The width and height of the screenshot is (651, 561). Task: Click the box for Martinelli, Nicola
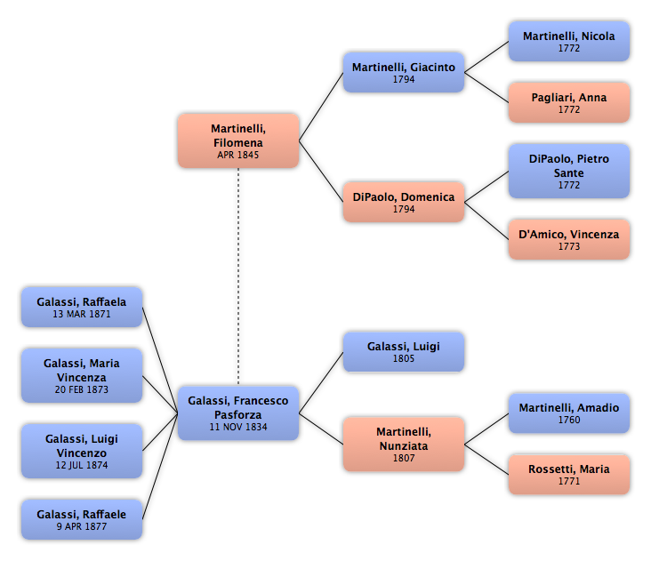[x=569, y=42]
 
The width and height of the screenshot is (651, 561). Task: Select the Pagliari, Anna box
[x=569, y=103]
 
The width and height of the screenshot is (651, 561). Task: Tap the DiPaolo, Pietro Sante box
[x=569, y=171]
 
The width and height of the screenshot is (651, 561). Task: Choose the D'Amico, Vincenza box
[x=569, y=239]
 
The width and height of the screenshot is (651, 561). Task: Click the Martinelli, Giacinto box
[x=404, y=73]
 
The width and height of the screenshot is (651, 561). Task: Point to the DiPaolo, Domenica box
[x=404, y=203]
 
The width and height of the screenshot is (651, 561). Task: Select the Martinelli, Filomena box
[x=238, y=140]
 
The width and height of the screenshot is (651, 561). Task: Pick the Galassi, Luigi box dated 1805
[x=404, y=352]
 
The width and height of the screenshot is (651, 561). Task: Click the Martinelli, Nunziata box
[x=404, y=445]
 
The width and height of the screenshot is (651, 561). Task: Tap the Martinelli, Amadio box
[x=569, y=413]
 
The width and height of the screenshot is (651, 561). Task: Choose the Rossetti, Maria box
[x=569, y=475]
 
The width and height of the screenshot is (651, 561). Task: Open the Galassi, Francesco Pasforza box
[x=238, y=413]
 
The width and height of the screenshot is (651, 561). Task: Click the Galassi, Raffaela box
[x=82, y=307]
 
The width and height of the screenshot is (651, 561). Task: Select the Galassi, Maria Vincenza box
[x=82, y=376]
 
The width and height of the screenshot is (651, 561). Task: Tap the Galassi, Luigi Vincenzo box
[x=82, y=452]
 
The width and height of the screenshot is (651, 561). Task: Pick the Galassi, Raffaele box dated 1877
[x=82, y=520]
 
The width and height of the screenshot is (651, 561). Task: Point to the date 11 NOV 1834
[x=238, y=427]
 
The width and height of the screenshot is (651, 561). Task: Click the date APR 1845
[x=238, y=155]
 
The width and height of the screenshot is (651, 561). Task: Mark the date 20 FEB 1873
[x=82, y=389]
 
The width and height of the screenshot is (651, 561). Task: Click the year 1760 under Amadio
[x=569, y=420]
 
